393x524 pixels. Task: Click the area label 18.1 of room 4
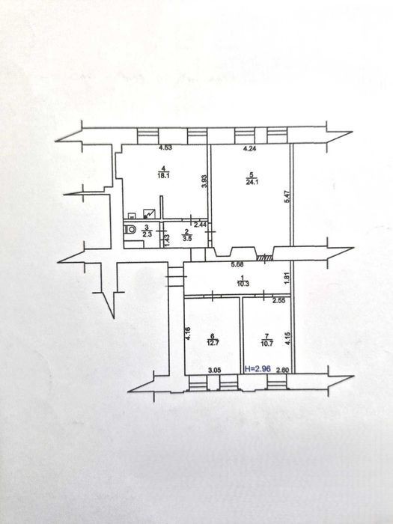point(163,176)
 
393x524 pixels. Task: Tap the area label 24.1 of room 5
point(252,182)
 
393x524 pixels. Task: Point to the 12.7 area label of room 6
point(213,343)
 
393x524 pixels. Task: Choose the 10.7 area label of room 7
point(266,343)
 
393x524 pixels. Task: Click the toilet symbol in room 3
point(131,230)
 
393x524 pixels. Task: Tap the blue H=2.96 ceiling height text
point(258,369)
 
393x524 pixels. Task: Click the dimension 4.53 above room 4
point(165,147)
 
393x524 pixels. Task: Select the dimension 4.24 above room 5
point(249,149)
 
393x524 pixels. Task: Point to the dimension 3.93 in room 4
point(205,182)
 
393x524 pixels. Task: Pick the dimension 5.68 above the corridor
point(237,264)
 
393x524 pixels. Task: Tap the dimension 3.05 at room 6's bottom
point(214,370)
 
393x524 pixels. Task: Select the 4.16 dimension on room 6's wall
point(188,333)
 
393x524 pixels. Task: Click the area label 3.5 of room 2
point(187,238)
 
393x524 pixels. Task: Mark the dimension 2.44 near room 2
point(200,225)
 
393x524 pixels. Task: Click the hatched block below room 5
point(265,258)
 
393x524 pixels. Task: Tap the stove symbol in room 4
point(149,213)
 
